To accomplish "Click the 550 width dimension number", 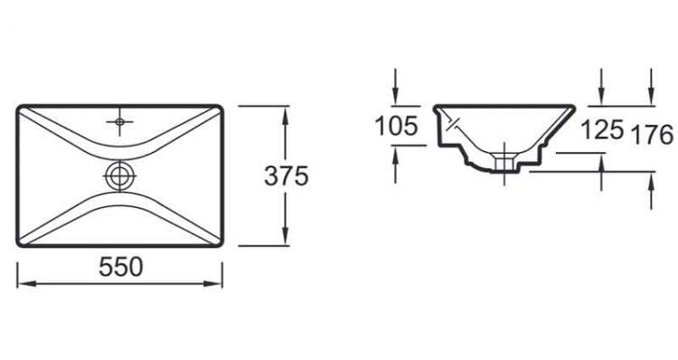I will (120, 267).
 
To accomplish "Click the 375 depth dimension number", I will (287, 177).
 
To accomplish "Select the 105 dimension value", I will (397, 128).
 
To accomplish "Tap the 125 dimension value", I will (602, 130).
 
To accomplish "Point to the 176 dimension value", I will (652, 135).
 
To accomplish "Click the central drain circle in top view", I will (119, 175).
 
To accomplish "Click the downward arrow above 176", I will (652, 99).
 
